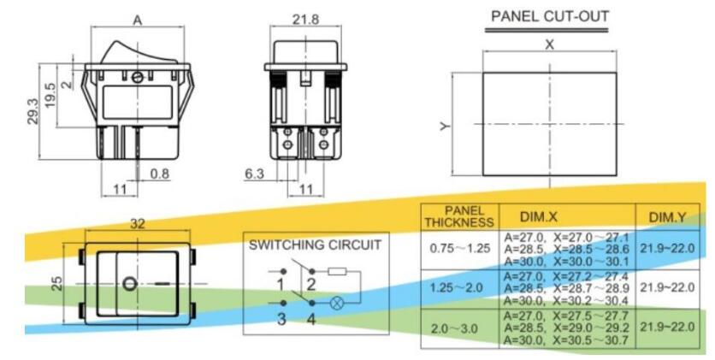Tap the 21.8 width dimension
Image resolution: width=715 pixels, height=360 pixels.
pyautogui.click(x=306, y=20)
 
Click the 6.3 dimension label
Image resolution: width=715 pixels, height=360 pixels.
pyautogui.click(x=254, y=174)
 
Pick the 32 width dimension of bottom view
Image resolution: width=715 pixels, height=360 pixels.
pyautogui.click(x=138, y=222)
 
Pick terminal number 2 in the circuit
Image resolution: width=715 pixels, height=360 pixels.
pyautogui.click(x=312, y=282)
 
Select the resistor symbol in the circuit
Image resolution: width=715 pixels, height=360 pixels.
pyautogui.click(x=336, y=273)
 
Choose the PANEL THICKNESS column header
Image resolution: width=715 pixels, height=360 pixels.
pyautogui.click(x=459, y=216)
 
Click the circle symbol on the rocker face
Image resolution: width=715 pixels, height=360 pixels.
pyautogui.click(x=127, y=283)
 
